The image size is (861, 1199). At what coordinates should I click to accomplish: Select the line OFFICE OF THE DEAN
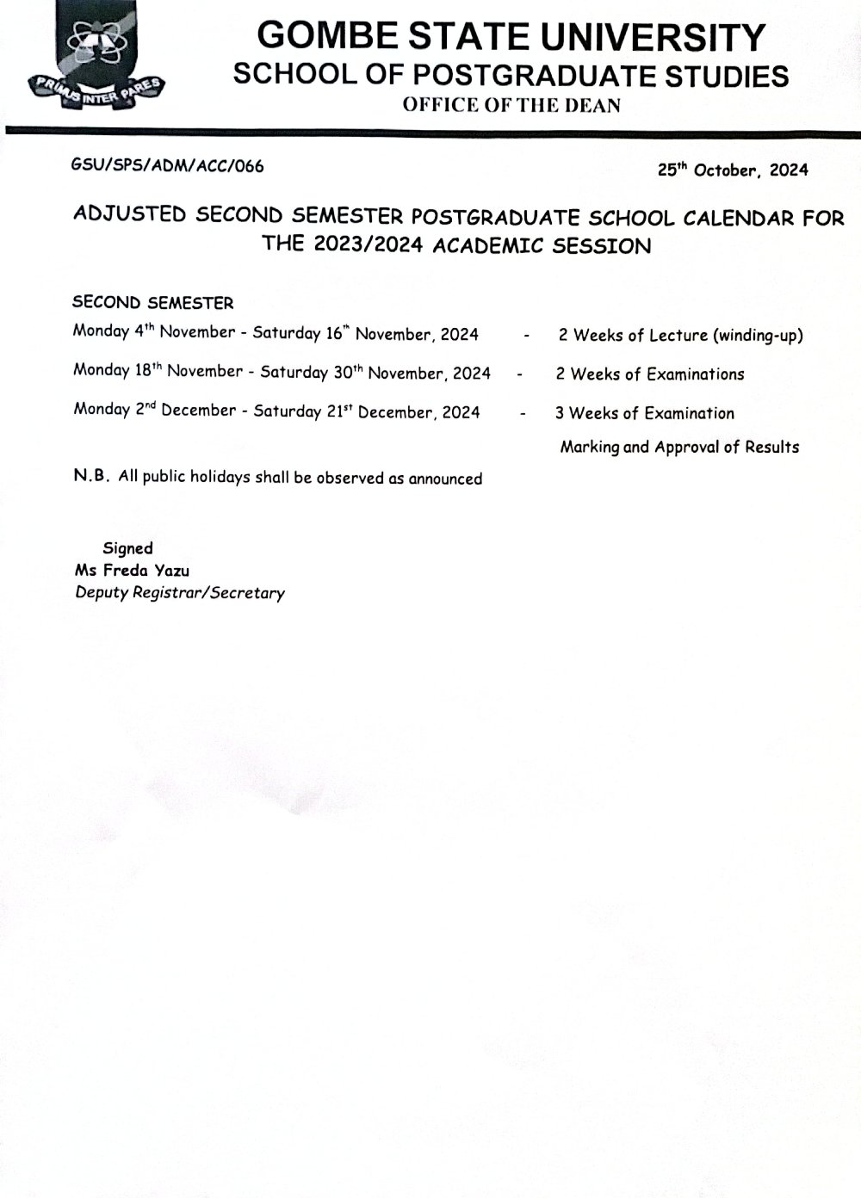510,106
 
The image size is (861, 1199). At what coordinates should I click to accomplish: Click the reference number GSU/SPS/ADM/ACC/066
167,166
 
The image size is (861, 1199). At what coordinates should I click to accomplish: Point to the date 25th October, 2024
733,170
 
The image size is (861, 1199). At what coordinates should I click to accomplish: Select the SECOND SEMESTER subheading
153,302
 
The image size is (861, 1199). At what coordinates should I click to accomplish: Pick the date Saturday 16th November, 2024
365,334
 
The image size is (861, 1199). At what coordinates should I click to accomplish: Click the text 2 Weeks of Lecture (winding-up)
680,335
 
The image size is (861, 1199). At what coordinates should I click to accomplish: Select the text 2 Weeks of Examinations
650,374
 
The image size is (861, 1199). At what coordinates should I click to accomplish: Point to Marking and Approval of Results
679,447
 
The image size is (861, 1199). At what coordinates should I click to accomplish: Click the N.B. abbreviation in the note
91,476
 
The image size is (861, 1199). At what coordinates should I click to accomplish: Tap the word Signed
127,548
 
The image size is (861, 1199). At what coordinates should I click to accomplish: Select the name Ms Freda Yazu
132,570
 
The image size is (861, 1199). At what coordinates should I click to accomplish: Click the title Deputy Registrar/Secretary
179,592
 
